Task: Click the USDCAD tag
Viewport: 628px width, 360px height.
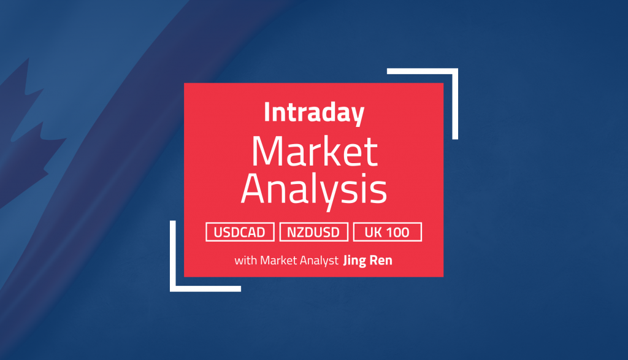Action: (x=240, y=232)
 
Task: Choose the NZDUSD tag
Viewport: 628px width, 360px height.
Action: (x=314, y=232)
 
